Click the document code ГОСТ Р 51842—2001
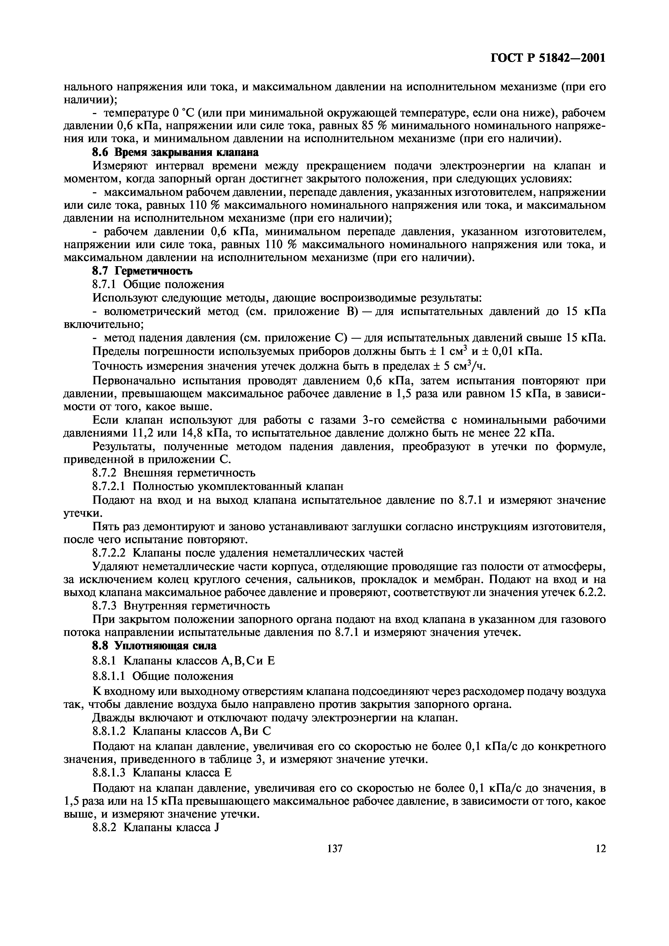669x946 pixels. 548,58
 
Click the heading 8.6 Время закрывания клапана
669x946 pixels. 175,152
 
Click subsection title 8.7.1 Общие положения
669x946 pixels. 158,285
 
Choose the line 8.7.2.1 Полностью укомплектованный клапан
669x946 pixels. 217,486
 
